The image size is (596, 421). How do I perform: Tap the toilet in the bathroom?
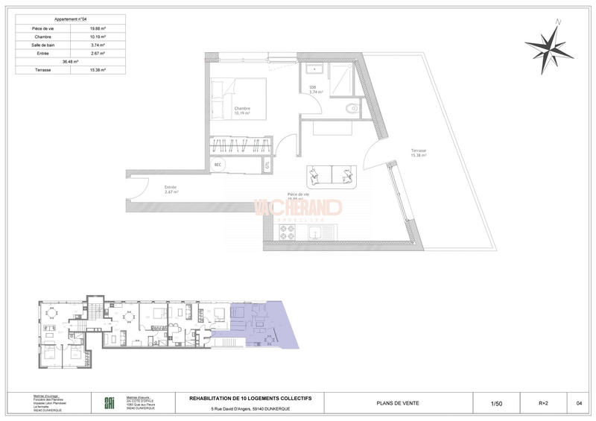click(352, 108)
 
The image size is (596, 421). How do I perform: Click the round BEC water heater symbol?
click(218, 165)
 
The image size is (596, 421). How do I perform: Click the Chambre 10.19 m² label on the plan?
click(242, 111)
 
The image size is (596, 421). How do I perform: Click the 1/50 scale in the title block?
click(496, 403)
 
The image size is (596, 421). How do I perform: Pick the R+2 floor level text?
click(544, 403)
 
